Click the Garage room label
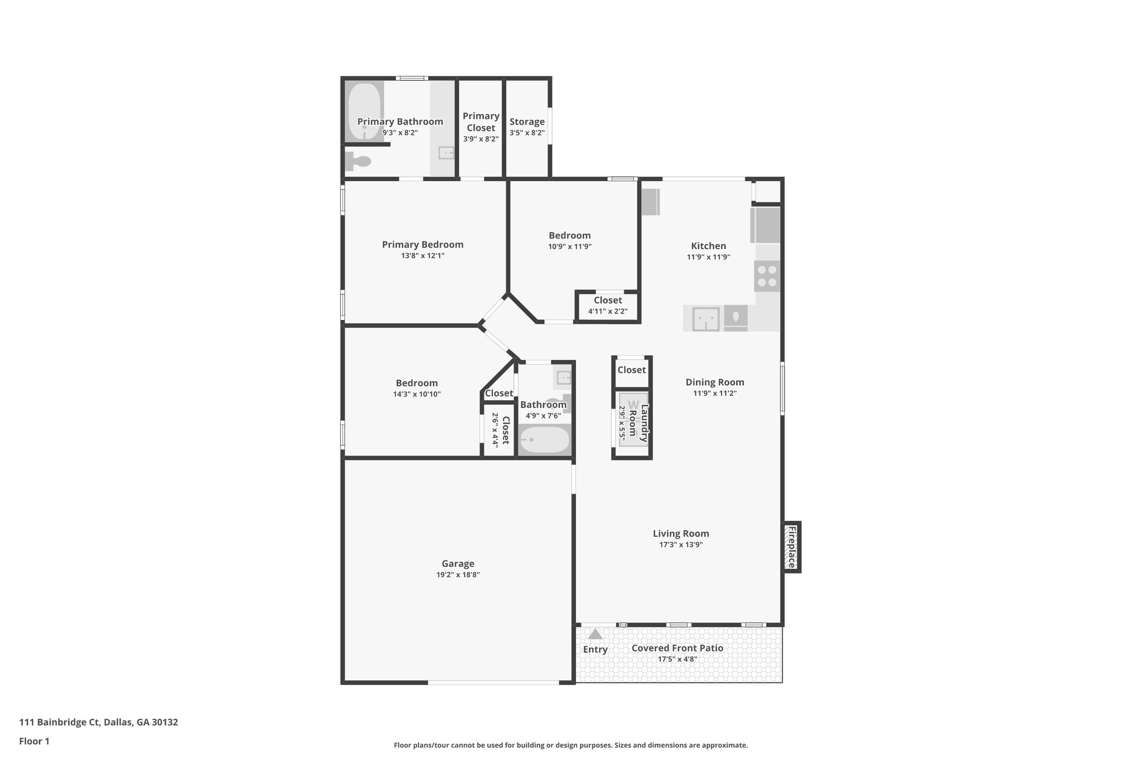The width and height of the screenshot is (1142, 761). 458,564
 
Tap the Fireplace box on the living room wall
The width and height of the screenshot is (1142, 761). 791,547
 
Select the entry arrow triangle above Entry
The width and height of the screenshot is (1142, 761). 596,634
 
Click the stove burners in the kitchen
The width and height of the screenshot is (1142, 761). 767,276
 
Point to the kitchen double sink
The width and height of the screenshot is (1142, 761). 706,319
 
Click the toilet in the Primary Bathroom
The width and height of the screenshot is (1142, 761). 359,162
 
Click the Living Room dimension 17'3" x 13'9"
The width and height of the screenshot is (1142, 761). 681,545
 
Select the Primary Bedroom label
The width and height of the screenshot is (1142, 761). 423,244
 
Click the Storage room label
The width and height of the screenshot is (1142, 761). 527,122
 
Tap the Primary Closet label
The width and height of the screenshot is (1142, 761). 481,122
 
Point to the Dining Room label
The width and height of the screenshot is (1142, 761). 715,382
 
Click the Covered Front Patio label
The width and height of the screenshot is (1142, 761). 677,648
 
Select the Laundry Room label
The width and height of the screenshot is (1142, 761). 638,424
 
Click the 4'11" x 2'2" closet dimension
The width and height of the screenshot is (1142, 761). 608,311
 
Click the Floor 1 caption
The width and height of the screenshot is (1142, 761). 35,741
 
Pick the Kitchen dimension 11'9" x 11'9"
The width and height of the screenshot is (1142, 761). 708,257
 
